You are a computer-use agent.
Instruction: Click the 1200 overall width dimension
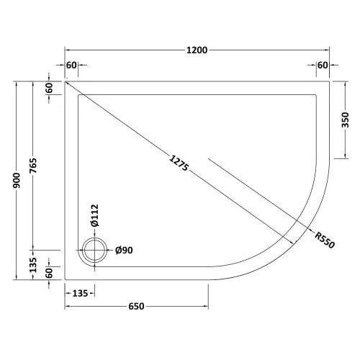[197, 50]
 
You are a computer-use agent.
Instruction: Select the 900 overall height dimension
[17, 181]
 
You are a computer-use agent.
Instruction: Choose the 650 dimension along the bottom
[137, 306]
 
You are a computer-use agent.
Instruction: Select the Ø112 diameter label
[93, 214]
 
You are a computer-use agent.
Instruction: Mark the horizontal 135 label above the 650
[80, 293]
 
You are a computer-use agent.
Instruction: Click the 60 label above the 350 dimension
[321, 66]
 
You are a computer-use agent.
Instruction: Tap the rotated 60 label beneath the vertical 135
[50, 274]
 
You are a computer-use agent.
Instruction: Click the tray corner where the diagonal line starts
[66, 81]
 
